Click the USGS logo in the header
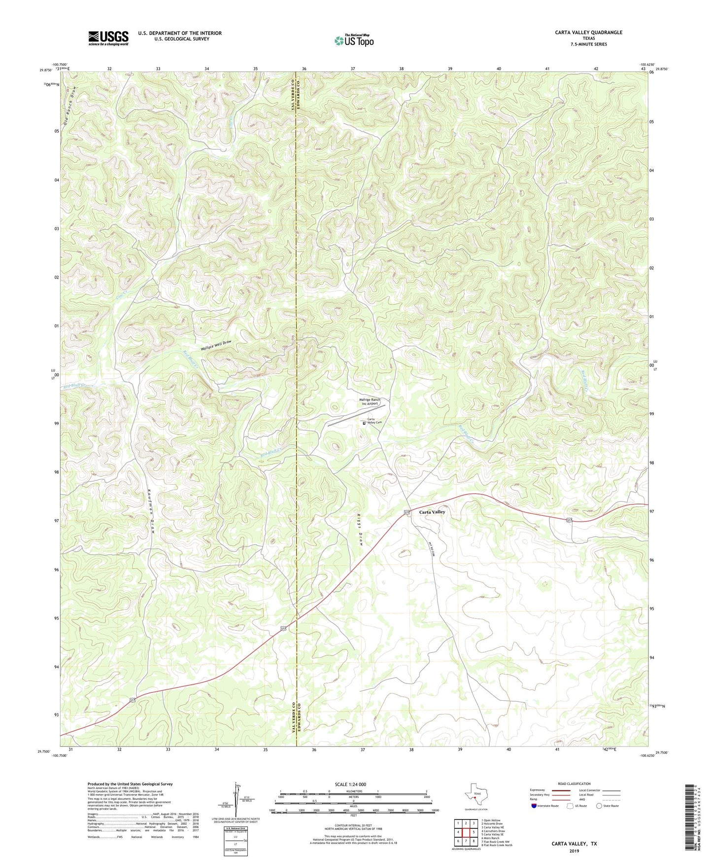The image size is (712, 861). [108, 38]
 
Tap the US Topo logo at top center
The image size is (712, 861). [354, 40]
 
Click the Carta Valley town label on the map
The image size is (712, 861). [432, 512]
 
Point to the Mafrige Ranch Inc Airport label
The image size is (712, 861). [370, 401]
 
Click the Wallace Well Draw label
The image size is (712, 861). [216, 346]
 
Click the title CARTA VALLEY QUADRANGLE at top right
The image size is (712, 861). [588, 33]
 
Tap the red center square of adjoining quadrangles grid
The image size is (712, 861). [466, 832]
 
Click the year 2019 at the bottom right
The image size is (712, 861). [574, 851]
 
